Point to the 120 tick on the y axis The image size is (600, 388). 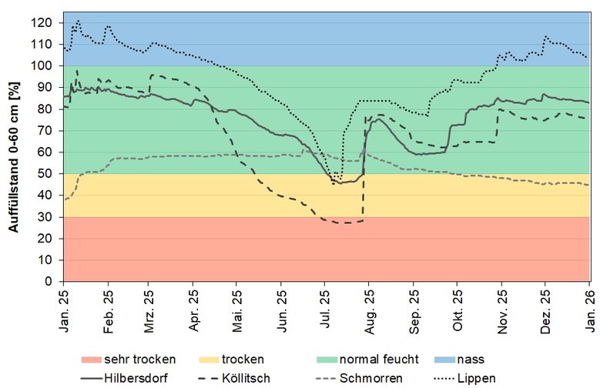[x=48, y=22]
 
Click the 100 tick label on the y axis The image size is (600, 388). [x=48, y=65]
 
